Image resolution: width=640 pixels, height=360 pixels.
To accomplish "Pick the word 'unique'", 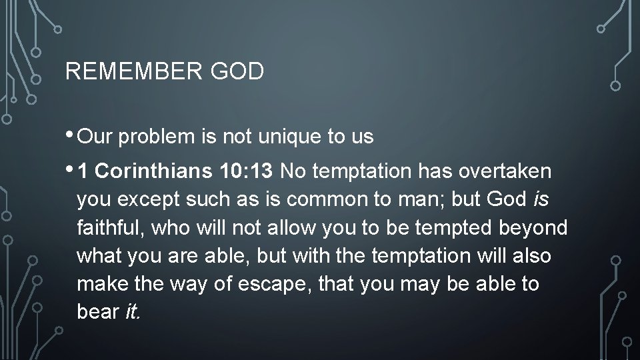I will click(294, 138).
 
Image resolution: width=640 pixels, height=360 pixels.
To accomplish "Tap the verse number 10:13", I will click(245, 172).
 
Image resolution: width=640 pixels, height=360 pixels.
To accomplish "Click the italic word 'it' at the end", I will click(131, 313).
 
